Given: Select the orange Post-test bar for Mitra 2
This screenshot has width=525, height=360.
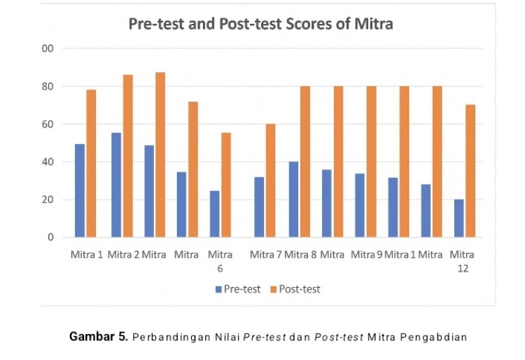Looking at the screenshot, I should click(x=128, y=155).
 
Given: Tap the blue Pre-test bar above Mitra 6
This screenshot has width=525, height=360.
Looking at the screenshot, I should click(x=215, y=214).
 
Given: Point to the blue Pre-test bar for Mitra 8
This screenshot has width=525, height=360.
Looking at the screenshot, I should click(x=293, y=200).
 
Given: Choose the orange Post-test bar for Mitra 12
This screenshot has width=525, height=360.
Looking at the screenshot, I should click(x=470, y=171).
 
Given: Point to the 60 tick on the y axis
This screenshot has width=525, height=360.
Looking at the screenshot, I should click(x=48, y=124).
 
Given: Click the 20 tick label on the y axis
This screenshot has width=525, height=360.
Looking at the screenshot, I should click(x=48, y=200).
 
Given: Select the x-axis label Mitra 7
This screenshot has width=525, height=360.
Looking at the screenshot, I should click(x=266, y=254).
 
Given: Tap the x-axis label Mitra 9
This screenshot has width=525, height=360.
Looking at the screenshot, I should click(x=365, y=254).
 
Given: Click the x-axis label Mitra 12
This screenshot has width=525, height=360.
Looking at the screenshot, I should click(x=462, y=261).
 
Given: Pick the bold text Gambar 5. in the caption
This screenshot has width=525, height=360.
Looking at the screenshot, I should click(x=98, y=336).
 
